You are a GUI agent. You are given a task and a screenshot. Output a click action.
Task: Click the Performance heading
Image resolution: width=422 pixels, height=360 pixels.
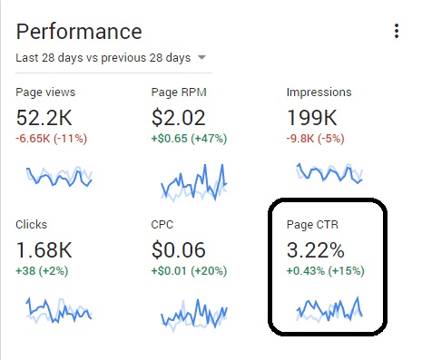(x=79, y=32)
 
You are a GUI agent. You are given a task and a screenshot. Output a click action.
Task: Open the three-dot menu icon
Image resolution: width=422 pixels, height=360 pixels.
(x=397, y=32)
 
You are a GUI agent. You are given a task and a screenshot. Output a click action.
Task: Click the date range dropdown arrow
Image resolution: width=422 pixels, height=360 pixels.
(x=201, y=58)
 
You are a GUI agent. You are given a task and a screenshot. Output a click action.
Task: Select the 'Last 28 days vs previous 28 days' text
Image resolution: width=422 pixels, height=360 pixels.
(x=103, y=58)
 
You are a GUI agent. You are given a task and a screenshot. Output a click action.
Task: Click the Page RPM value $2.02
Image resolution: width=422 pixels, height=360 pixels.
(x=179, y=118)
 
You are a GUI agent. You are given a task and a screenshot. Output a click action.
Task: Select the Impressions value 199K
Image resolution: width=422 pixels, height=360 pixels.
(x=313, y=118)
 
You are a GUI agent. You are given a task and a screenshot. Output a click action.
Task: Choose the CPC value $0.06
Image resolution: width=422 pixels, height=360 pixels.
(x=179, y=249)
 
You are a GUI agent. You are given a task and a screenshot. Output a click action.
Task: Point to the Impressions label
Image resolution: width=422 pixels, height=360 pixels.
(x=319, y=92)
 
